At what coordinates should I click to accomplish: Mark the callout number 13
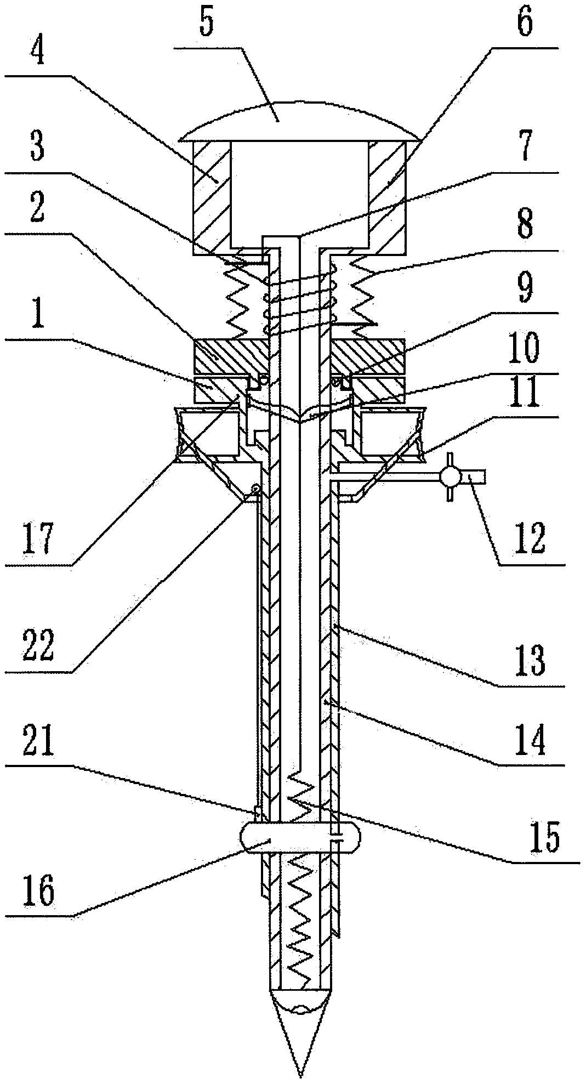(530, 661)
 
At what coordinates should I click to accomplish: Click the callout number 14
(530, 739)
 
